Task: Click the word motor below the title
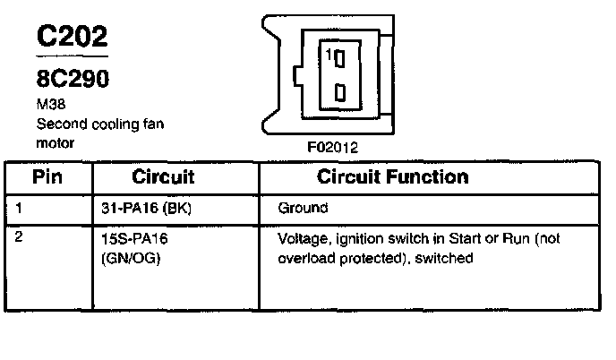tap(54, 142)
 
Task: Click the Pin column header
tap(47, 176)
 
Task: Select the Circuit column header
tap(163, 176)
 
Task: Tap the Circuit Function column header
tap(392, 176)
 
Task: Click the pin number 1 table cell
tap(18, 208)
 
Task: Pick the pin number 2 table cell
tap(19, 240)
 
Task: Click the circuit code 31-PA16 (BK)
tap(147, 208)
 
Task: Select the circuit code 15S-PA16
tap(137, 241)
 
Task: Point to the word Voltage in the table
tap(303, 241)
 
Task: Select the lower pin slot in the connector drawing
tap(340, 92)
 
